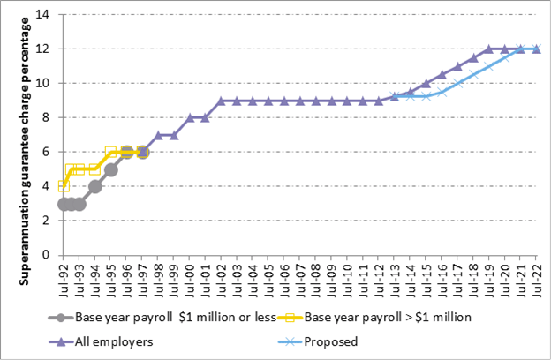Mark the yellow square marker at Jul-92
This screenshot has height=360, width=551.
[x=64, y=185]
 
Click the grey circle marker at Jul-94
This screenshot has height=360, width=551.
[x=94, y=185]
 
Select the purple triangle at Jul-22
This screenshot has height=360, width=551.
[x=536, y=49]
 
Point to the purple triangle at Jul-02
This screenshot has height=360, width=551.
[x=221, y=101]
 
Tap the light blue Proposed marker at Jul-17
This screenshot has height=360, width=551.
[x=457, y=84]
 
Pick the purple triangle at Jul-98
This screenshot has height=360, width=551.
[x=158, y=135]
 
